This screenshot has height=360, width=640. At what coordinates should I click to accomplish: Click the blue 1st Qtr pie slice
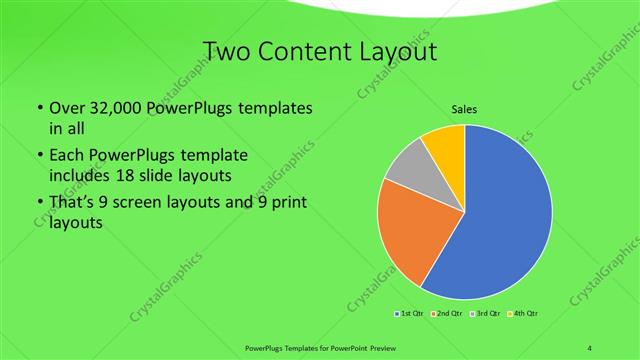click(500, 220)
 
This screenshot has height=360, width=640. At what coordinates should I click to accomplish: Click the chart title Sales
click(465, 108)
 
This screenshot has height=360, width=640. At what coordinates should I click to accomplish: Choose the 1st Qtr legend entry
click(409, 314)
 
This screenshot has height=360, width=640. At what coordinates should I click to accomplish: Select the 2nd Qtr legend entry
click(446, 314)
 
